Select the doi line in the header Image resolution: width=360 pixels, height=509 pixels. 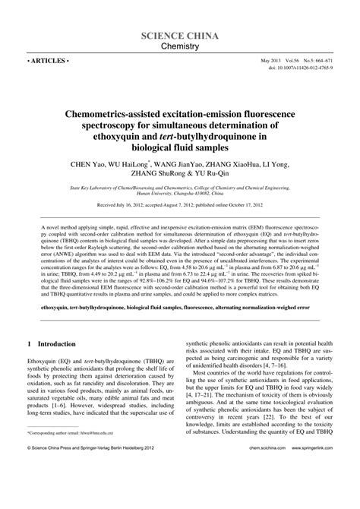click(300, 68)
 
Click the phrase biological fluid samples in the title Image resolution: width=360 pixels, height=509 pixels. click(180, 148)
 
